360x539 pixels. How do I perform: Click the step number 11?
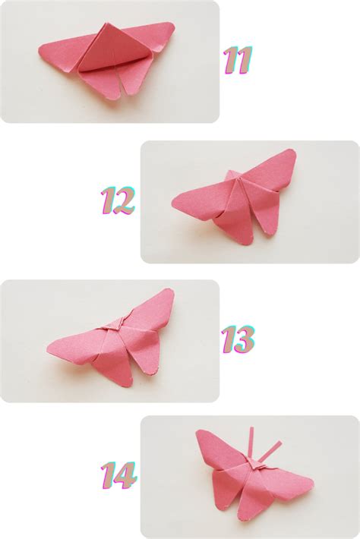(x=237, y=60)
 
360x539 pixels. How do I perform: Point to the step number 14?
(x=118, y=476)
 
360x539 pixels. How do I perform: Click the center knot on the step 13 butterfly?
(x=111, y=326)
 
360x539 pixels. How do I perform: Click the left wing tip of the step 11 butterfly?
(x=43, y=51)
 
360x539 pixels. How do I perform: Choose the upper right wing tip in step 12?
(x=292, y=153)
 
